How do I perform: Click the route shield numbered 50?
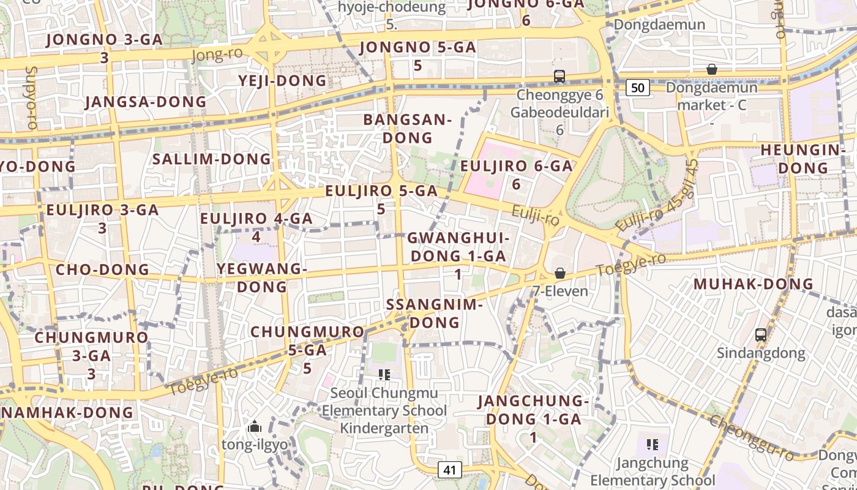tap(637, 88)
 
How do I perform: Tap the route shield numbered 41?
tap(450, 470)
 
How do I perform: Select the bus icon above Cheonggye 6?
tap(559, 77)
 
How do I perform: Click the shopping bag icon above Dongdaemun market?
tap(711, 69)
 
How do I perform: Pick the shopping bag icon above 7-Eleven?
tap(559, 273)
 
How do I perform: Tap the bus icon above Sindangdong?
tap(761, 335)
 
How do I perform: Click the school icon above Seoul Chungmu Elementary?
tap(384, 374)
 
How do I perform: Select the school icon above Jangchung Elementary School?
tap(652, 444)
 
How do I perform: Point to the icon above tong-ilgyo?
tap(254, 426)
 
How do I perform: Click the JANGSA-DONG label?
tap(146, 102)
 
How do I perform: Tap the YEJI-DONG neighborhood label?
tap(282, 81)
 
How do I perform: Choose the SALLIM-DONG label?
tap(212, 159)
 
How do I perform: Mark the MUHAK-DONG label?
tap(753, 284)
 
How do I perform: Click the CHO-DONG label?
tap(103, 269)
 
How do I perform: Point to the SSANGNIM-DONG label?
tap(435, 313)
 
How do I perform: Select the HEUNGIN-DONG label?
tap(803, 159)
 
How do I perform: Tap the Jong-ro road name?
tap(217, 55)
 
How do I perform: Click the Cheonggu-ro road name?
tap(754, 437)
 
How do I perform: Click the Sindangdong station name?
tap(761, 353)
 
